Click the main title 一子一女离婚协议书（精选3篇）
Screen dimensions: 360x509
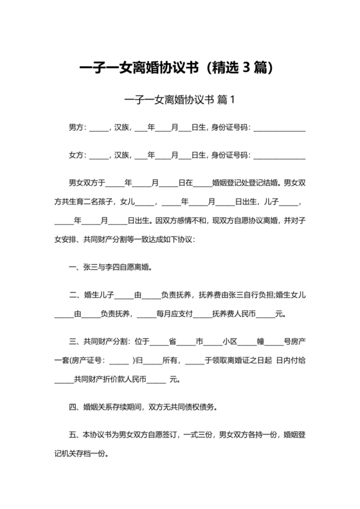tap(179, 67)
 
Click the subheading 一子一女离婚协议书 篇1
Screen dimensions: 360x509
tap(179, 100)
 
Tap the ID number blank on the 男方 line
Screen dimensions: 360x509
tap(280, 130)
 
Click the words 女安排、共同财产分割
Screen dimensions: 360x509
tap(94, 239)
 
